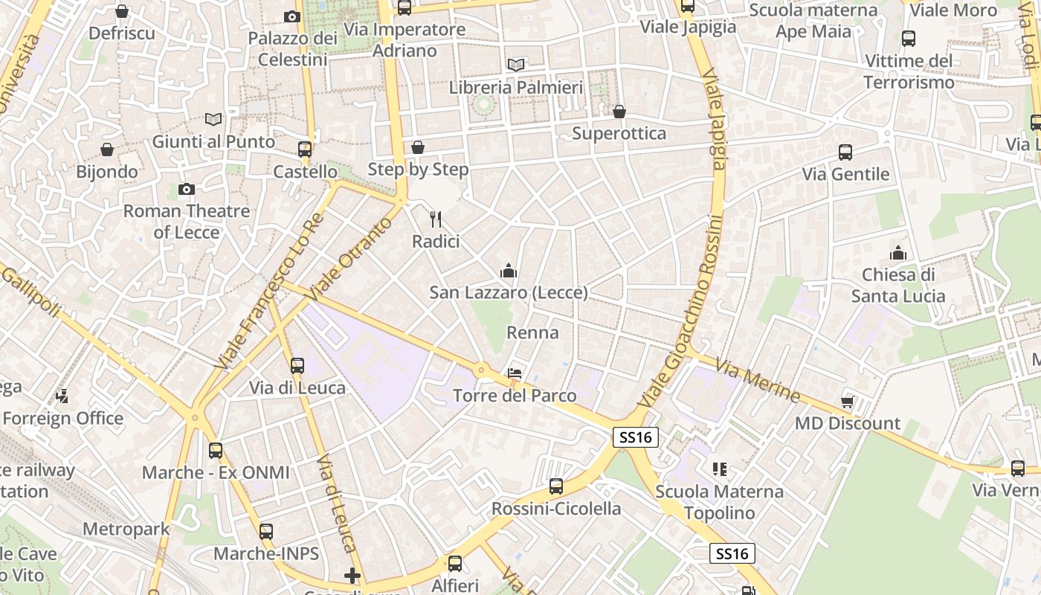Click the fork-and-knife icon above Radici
(x=436, y=219)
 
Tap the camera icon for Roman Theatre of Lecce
(x=187, y=190)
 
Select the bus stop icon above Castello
(x=305, y=149)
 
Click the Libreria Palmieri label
(x=515, y=88)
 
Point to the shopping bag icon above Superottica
(x=619, y=112)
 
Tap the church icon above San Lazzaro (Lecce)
(x=509, y=271)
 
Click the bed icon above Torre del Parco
(x=514, y=373)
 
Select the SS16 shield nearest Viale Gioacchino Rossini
(x=636, y=437)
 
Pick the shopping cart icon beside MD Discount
(x=847, y=402)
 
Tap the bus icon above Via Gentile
(x=845, y=152)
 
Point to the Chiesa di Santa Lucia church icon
(x=898, y=253)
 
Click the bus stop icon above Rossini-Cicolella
(x=556, y=487)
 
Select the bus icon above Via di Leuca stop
(x=297, y=366)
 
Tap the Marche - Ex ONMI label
(x=216, y=472)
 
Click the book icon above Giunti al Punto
(x=213, y=119)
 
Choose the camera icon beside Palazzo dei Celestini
(x=292, y=16)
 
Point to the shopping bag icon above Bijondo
(x=107, y=149)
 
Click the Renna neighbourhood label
(x=532, y=332)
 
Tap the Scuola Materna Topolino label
(x=719, y=502)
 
